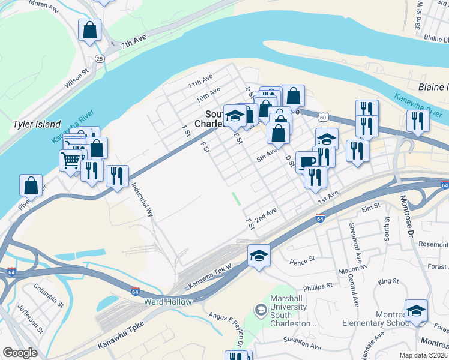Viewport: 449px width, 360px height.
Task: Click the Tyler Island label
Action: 37,124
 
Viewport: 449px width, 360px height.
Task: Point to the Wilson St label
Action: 77,78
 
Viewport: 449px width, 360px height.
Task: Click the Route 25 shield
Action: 100,58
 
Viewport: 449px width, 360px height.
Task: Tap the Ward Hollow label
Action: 167,302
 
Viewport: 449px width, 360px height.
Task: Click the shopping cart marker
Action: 70,160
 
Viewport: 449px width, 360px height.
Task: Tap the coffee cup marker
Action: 307,161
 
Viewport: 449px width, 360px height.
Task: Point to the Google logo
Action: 20,353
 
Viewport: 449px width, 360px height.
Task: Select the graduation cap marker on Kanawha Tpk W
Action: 259,256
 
